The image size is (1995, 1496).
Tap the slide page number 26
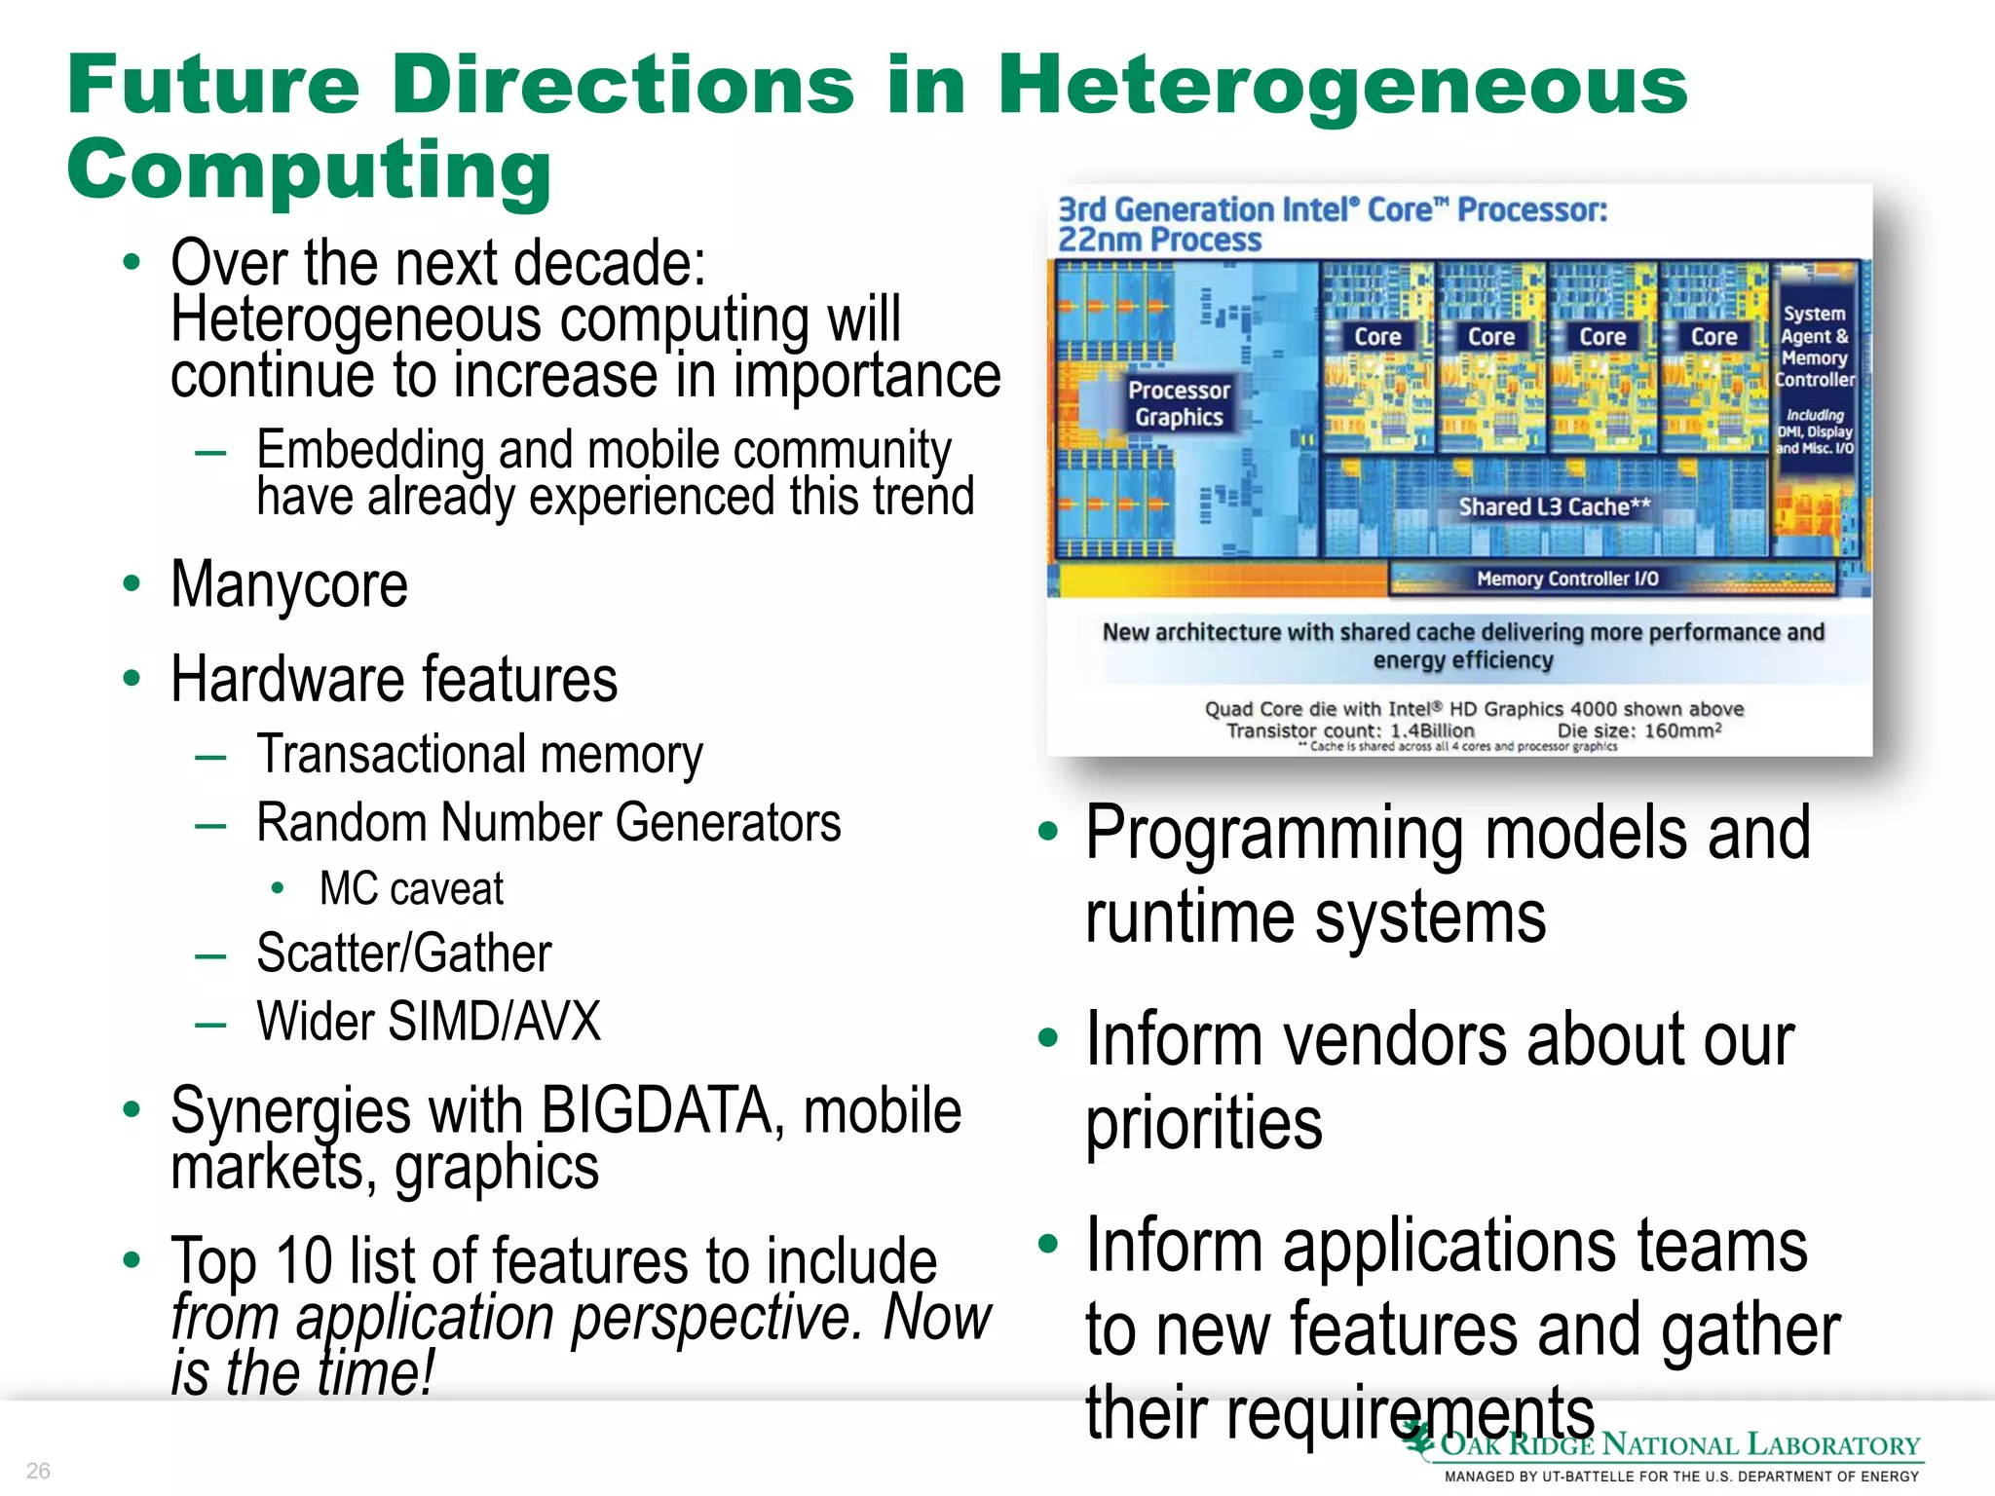38,1470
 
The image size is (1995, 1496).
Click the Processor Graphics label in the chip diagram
1179,403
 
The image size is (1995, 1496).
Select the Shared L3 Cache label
1554,506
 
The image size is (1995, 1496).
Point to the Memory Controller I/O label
1566,579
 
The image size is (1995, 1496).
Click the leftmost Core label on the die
1377,337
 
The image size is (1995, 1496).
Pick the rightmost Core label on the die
1713,337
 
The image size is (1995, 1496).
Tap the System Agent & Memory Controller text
1814,347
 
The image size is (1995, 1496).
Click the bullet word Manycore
289,585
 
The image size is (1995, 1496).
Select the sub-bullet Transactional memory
479,755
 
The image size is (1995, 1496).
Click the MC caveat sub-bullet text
411,889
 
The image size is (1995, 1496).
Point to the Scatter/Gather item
403,954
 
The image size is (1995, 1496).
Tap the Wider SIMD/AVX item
429,1022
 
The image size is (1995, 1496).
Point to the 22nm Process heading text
1159,240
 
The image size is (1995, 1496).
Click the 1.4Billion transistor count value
1432,730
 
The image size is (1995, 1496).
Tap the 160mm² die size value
1682,730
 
